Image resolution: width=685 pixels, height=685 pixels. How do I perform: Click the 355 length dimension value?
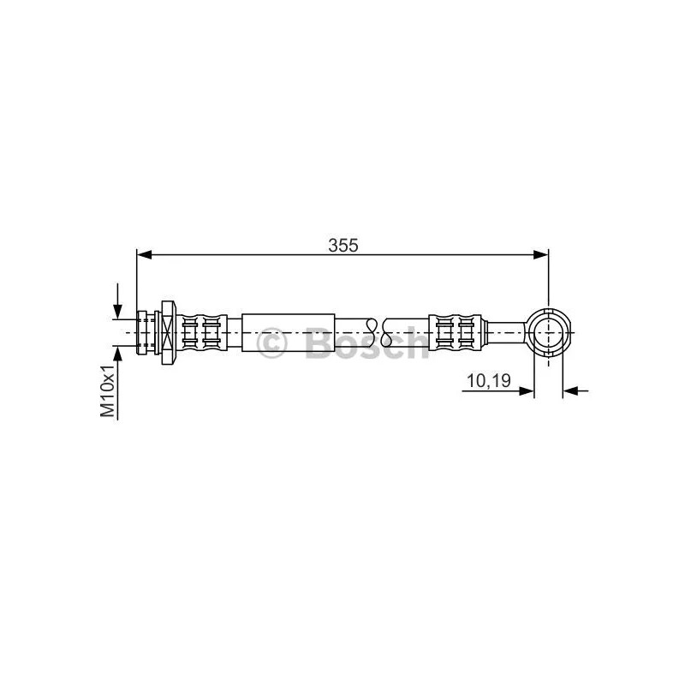[343, 246]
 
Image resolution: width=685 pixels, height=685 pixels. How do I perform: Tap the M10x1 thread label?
[108, 390]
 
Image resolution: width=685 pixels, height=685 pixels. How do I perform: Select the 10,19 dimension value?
[489, 381]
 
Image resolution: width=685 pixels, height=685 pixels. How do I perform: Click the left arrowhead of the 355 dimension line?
[144, 254]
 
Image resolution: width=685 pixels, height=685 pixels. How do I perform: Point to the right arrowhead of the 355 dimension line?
[541, 254]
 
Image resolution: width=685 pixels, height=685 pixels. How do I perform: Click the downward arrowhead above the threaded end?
[117, 311]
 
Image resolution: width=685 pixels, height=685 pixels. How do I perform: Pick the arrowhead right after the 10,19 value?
[527, 391]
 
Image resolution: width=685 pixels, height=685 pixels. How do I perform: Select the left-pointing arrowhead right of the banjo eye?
[570, 391]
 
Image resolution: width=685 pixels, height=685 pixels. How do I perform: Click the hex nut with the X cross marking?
[168, 332]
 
